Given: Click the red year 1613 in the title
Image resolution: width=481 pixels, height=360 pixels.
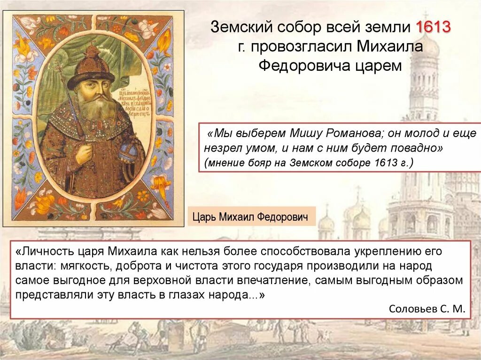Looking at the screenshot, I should tap(433, 28).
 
